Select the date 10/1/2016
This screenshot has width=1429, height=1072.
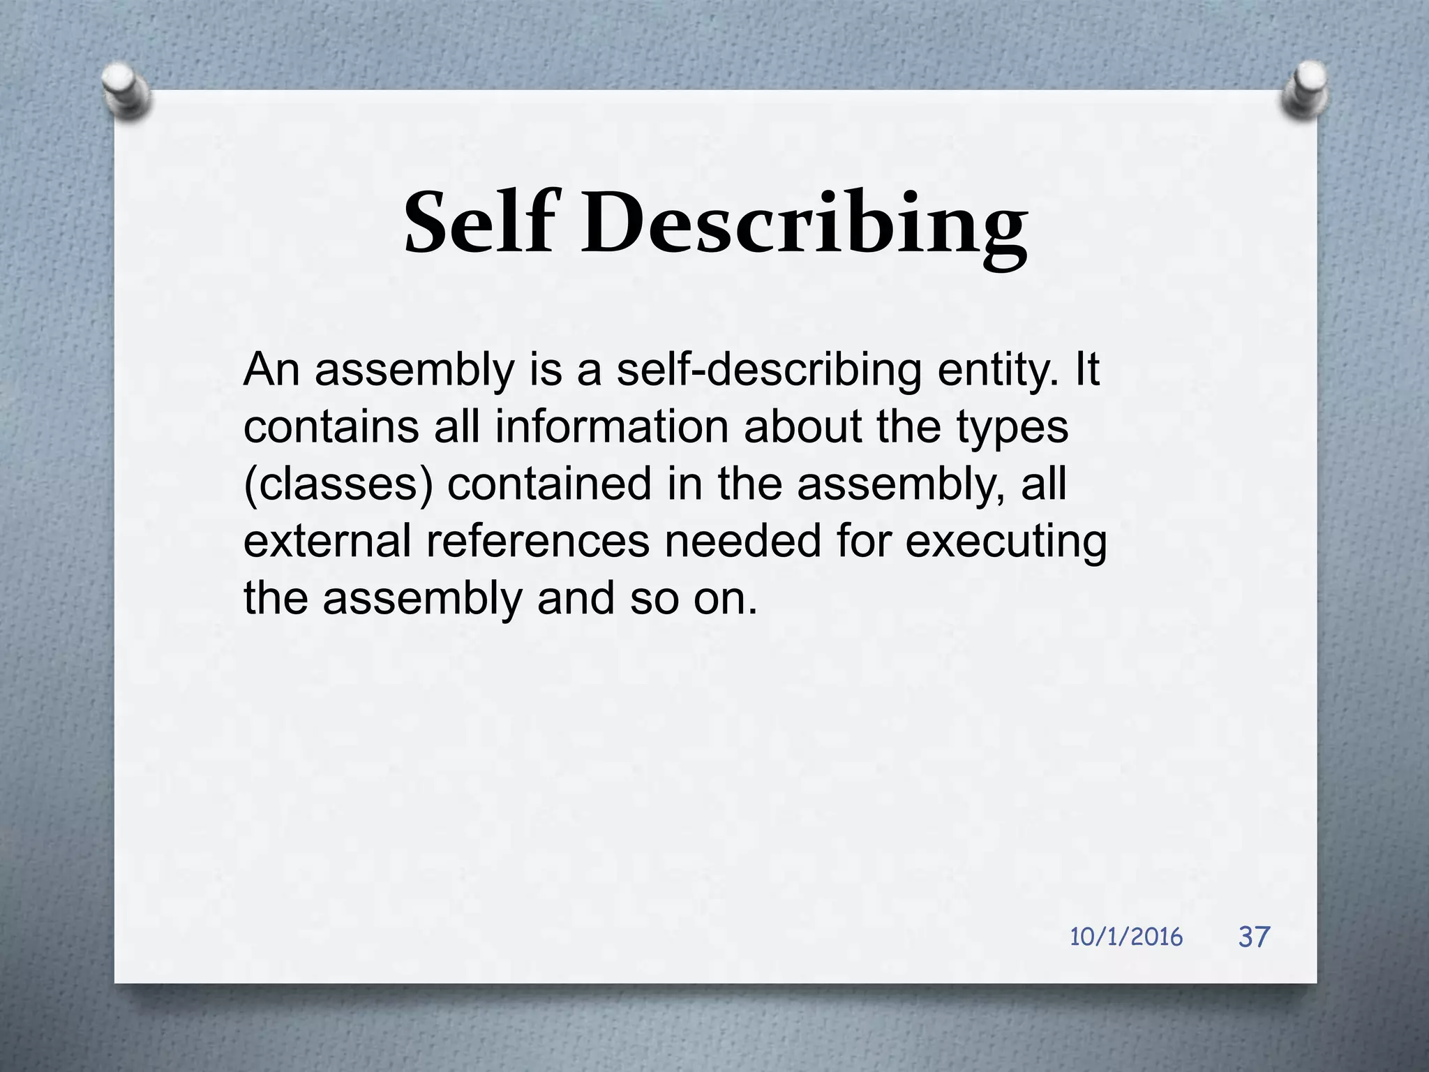coord(1126,937)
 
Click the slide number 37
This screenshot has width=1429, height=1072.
coord(1254,937)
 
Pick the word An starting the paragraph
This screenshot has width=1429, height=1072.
coord(271,370)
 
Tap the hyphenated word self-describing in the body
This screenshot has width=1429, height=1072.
coord(769,371)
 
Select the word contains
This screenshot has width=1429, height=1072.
coord(331,427)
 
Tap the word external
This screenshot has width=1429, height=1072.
coord(327,542)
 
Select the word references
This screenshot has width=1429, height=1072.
coord(537,542)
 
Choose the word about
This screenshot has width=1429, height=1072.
coord(803,427)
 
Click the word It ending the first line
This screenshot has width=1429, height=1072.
coord(1087,370)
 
